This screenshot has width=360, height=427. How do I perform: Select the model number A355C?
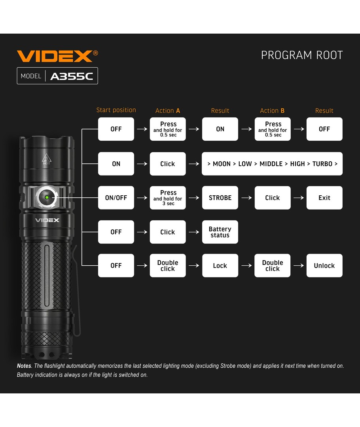click(72, 76)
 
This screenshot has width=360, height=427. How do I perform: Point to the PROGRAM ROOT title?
click(302, 55)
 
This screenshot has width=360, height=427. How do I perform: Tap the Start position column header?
click(116, 110)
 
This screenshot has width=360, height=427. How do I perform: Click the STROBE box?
click(220, 198)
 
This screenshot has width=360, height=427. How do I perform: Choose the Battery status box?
click(220, 232)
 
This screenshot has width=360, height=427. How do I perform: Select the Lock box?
click(220, 266)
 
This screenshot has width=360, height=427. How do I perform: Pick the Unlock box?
click(324, 266)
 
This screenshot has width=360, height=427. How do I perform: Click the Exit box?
click(324, 198)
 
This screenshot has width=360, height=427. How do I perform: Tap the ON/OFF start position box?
click(116, 198)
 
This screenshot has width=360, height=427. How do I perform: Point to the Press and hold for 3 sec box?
click(168, 198)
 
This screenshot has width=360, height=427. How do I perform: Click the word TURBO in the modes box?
click(322, 164)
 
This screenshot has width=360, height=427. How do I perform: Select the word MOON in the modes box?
click(222, 164)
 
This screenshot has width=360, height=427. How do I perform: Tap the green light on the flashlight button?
click(47, 197)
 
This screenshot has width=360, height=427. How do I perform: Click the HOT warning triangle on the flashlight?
click(47, 159)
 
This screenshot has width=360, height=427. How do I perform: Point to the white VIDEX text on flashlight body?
click(47, 220)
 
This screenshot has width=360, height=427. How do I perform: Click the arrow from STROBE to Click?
click(246, 198)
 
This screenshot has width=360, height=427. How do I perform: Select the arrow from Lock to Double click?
click(246, 266)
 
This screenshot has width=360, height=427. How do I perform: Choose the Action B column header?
click(272, 111)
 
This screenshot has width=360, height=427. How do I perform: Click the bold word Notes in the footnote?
click(24, 366)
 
